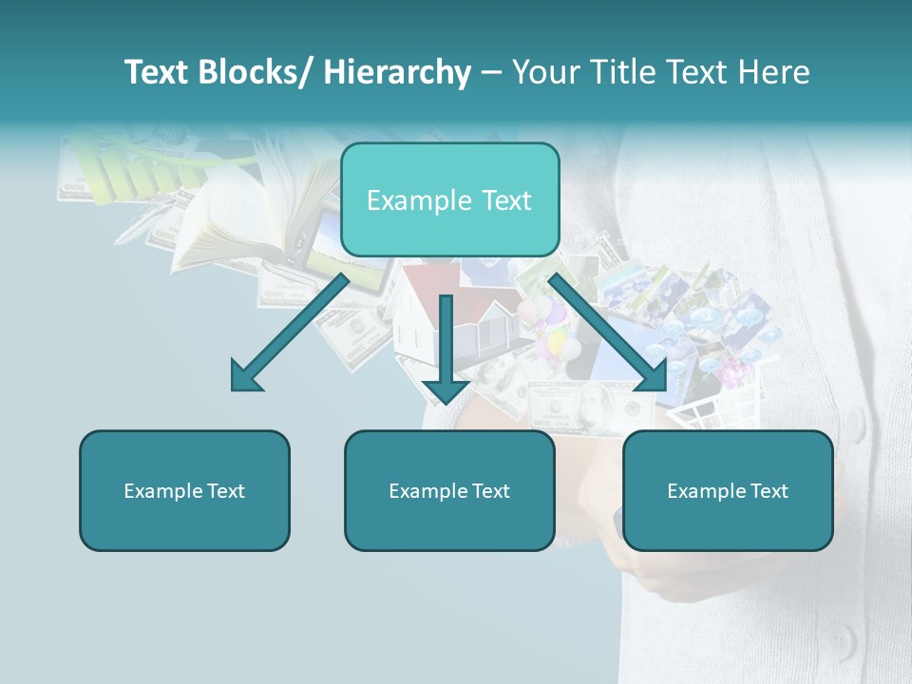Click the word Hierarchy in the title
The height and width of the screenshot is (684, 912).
(x=397, y=72)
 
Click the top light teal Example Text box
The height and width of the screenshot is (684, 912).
(x=449, y=199)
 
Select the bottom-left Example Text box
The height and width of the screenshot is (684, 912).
(x=184, y=490)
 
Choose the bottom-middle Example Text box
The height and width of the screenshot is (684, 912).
(x=449, y=490)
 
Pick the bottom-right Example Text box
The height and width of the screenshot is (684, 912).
(x=728, y=490)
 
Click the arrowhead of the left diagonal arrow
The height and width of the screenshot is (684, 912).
(x=245, y=377)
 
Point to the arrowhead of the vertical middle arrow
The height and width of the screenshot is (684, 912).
(x=446, y=389)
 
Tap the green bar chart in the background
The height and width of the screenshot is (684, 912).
(x=123, y=171)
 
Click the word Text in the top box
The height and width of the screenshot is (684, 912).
(x=505, y=200)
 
